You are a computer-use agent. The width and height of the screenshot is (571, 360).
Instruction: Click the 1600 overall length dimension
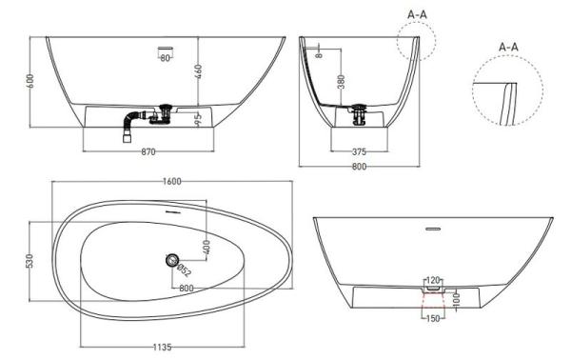(172, 181)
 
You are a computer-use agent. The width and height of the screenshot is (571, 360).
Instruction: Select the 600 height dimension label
(30, 81)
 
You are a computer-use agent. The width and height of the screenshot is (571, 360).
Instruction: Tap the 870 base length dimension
(148, 151)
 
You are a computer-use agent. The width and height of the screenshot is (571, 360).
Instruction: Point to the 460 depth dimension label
(198, 71)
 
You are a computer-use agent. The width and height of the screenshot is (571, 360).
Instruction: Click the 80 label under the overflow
(166, 57)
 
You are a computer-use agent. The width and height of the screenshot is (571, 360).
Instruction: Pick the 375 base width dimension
(359, 151)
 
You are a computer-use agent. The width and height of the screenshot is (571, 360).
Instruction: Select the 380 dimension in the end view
(342, 82)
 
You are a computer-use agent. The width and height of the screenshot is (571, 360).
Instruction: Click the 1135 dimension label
(162, 347)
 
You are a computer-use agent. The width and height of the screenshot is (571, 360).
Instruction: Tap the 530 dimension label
(30, 261)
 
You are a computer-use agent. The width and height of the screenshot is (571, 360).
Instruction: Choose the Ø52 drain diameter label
(185, 270)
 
